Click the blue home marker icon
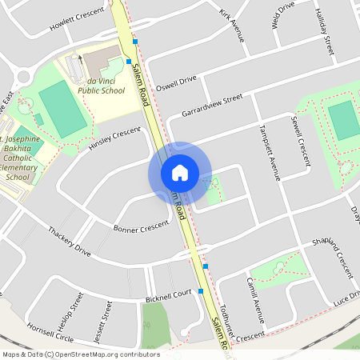point(180,173)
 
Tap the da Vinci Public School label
point(102,86)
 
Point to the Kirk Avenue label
point(232,25)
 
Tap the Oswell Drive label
point(176,82)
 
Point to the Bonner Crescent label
point(141,228)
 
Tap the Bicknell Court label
point(169,296)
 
